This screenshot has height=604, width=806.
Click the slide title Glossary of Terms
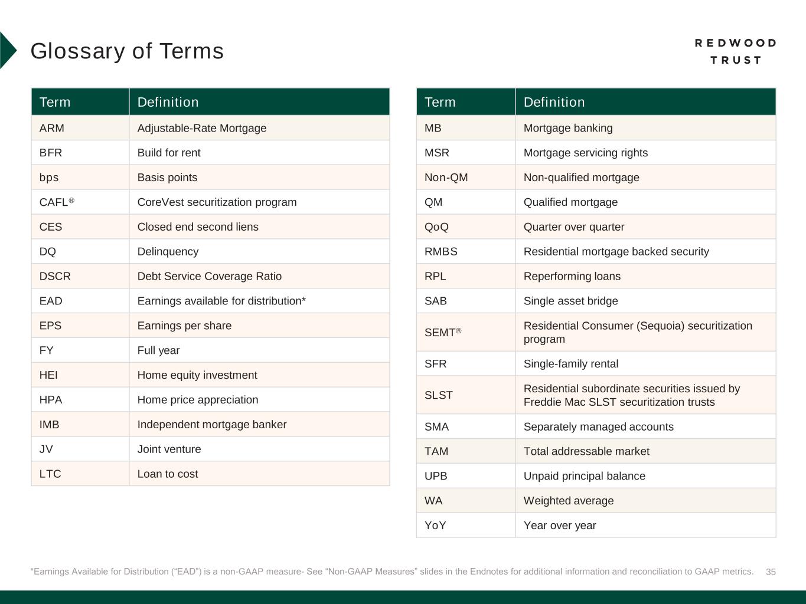(127, 51)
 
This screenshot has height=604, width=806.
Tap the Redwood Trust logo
(735, 51)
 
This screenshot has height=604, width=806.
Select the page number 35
(771, 572)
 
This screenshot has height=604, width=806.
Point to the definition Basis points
(167, 178)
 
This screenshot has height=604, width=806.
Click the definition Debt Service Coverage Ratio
(209, 276)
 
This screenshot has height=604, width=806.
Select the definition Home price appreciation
(197, 400)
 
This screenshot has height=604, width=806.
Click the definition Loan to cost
(167, 474)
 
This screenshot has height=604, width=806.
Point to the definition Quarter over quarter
(573, 227)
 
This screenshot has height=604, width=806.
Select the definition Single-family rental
(570, 364)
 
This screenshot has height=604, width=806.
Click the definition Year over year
(559, 526)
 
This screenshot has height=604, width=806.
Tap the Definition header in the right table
(554, 102)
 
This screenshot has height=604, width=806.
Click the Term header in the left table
(55, 102)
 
